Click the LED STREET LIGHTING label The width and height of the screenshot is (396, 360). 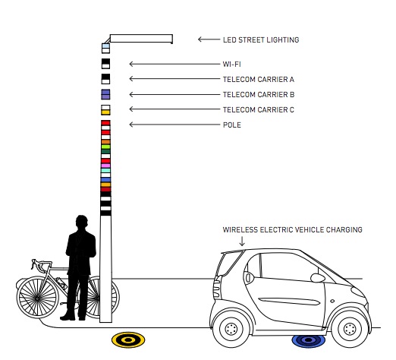(x=261, y=39)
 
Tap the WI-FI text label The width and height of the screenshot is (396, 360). (x=231, y=64)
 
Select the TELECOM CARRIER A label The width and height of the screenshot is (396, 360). (x=259, y=79)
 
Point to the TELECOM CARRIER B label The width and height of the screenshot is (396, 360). (x=259, y=94)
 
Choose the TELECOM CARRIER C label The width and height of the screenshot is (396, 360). (x=259, y=109)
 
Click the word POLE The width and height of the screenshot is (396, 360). (x=232, y=125)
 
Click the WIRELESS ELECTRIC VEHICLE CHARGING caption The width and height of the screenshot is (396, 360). (x=292, y=229)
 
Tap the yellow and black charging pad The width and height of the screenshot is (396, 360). (x=128, y=339)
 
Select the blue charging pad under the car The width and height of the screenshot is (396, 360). (x=309, y=340)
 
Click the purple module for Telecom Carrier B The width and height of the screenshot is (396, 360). (x=105, y=94)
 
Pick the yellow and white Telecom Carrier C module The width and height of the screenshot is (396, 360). (x=105, y=110)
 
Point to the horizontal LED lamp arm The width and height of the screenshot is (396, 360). (x=141, y=39)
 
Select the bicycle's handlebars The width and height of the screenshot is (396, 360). (x=40, y=264)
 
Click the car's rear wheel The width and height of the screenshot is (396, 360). (x=231, y=329)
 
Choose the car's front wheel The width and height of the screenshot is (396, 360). (x=350, y=329)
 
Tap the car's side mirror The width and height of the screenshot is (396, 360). (x=318, y=278)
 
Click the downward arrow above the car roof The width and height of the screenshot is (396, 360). (x=242, y=241)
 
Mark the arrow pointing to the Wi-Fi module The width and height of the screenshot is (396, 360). (x=174, y=64)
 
